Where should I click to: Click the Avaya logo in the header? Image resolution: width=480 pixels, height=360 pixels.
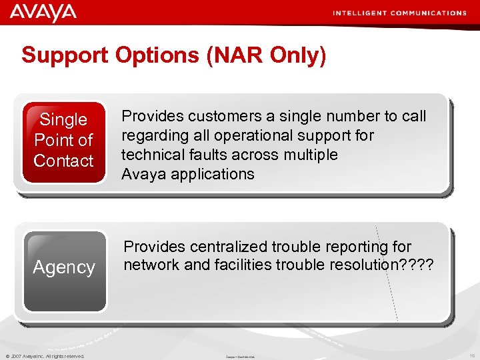[x=43, y=13]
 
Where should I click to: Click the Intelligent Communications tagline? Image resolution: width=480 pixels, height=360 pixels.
[x=399, y=13]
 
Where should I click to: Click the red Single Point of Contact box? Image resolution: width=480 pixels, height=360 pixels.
[x=64, y=141]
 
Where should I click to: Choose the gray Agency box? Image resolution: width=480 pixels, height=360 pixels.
[x=64, y=270]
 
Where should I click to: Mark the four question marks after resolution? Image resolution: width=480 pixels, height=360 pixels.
[x=416, y=265]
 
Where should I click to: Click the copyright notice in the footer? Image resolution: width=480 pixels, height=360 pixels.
[x=45, y=356]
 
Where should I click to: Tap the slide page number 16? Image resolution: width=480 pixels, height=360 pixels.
[x=471, y=356]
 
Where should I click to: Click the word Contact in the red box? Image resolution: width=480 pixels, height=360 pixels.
[x=64, y=161]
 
